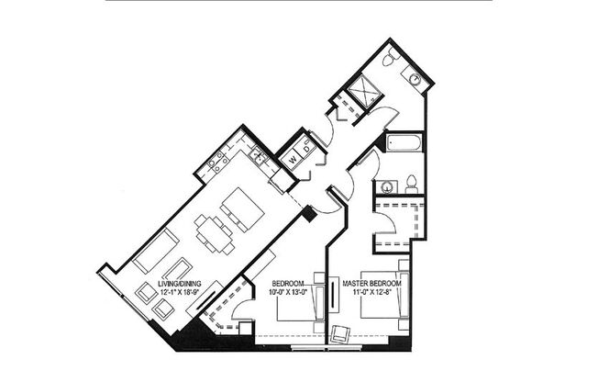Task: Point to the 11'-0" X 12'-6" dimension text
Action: (x=371, y=293)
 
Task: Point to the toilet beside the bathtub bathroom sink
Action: (x=413, y=181)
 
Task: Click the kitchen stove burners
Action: (x=218, y=163)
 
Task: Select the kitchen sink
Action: (x=259, y=157)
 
